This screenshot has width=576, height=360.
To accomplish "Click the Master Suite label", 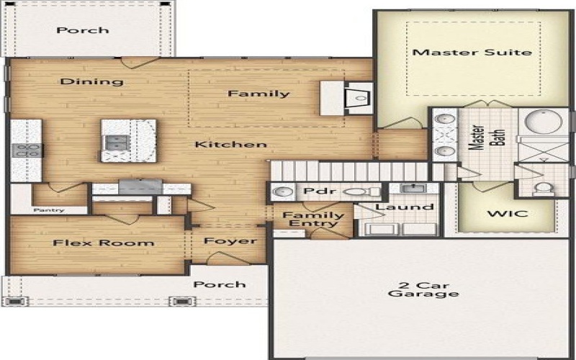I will coord(472,52).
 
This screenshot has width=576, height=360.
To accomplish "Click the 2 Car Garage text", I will coord(423,288).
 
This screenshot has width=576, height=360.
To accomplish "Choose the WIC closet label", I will coord(507,214).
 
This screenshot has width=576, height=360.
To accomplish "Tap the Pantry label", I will coord(48,210).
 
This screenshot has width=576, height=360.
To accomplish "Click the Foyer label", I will coord(231,240).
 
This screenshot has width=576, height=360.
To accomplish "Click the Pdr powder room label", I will coord(315,192).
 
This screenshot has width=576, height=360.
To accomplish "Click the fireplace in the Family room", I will coord(359,97).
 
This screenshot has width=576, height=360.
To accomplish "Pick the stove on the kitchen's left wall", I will coord(26,150).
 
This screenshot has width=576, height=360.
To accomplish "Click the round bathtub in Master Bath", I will coord(544,122).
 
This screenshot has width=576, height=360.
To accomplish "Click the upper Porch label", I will coord(83,30).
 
